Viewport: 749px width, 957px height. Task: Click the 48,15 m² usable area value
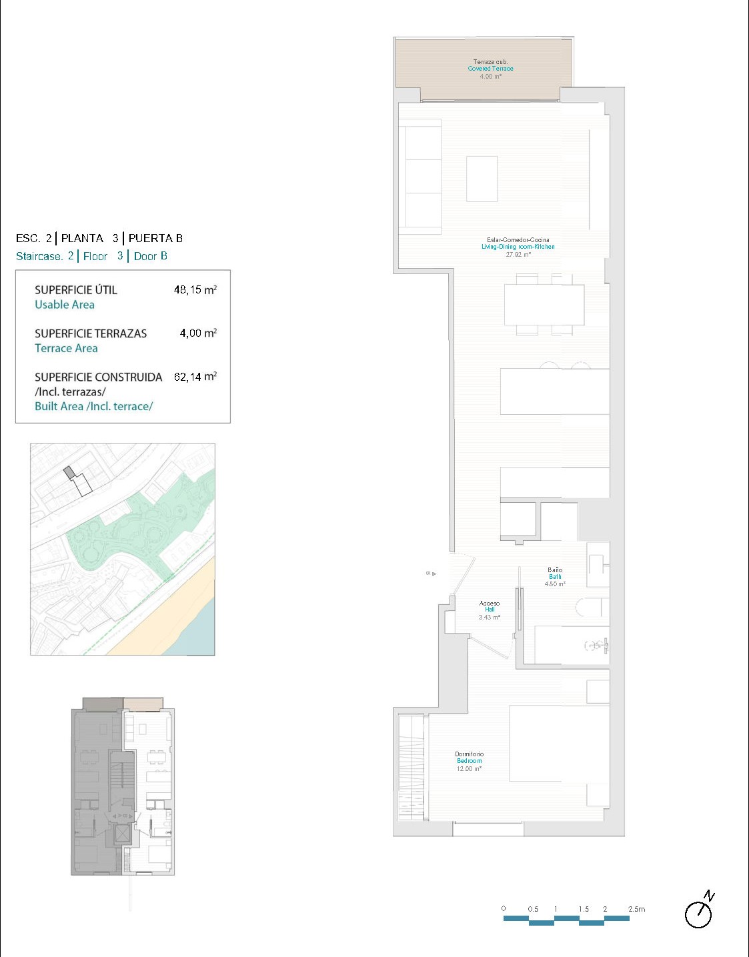click(195, 289)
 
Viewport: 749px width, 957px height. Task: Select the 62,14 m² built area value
click(195, 377)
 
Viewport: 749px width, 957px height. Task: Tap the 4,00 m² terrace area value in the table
click(198, 333)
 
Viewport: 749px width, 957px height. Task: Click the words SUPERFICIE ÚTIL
click(76, 290)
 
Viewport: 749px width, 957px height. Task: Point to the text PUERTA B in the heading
click(155, 238)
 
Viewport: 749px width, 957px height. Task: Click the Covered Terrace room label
click(490, 69)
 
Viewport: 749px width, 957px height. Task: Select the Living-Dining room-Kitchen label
click(518, 247)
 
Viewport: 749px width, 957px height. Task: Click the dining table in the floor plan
click(544, 305)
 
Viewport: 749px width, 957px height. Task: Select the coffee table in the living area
click(482, 179)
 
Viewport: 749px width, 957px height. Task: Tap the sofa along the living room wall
click(420, 177)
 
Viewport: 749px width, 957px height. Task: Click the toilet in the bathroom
click(592, 608)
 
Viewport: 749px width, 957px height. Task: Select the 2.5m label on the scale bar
click(636, 909)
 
